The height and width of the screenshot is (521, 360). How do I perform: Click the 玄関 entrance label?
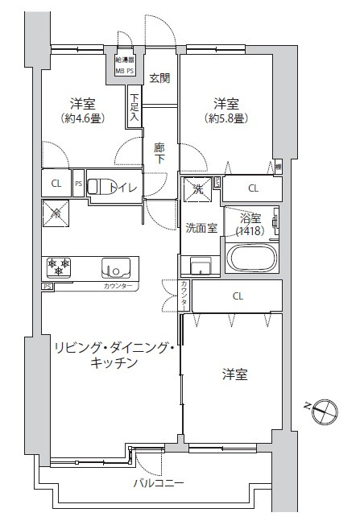click(x=159, y=78)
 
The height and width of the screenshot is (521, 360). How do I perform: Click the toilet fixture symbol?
click(x=97, y=187)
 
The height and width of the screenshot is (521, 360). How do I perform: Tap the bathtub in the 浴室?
click(x=252, y=259)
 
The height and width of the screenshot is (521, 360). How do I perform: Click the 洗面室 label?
click(x=201, y=228)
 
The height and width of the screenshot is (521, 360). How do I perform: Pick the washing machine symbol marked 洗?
click(x=198, y=190)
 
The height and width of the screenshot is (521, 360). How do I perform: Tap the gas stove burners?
click(x=59, y=265)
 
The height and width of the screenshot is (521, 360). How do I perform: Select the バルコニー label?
click(x=159, y=483)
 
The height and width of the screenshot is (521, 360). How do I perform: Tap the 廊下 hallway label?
click(x=159, y=153)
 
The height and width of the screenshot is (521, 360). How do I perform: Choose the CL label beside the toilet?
click(x=56, y=183)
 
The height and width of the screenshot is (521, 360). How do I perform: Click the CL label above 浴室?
click(x=253, y=188)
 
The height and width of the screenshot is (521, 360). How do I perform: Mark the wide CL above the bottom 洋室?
click(x=238, y=296)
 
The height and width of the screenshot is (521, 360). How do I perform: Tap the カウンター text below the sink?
click(x=118, y=286)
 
